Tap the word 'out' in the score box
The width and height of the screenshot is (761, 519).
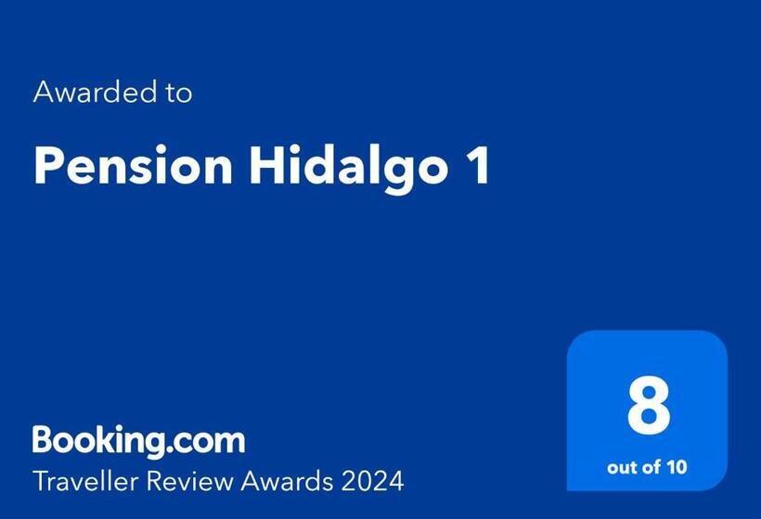[624, 466]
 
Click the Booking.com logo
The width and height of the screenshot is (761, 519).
[139, 438]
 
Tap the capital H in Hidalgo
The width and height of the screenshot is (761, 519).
[264, 167]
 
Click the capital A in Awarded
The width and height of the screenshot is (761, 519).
[43, 93]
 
